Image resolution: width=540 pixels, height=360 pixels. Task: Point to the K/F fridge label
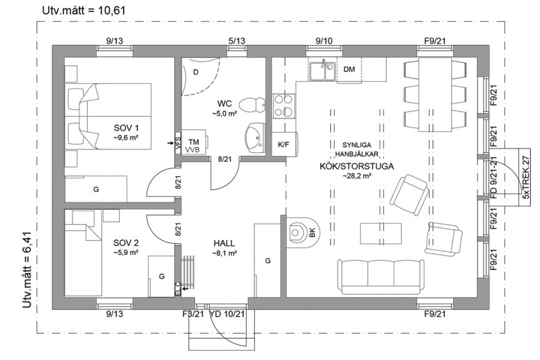(283, 144)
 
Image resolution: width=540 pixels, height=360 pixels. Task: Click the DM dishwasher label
(349, 69)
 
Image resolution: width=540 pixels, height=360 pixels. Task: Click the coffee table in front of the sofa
(379, 232)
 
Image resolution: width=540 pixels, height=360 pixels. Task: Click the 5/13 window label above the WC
(237, 41)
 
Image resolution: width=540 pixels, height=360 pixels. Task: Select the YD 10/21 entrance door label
(227, 314)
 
